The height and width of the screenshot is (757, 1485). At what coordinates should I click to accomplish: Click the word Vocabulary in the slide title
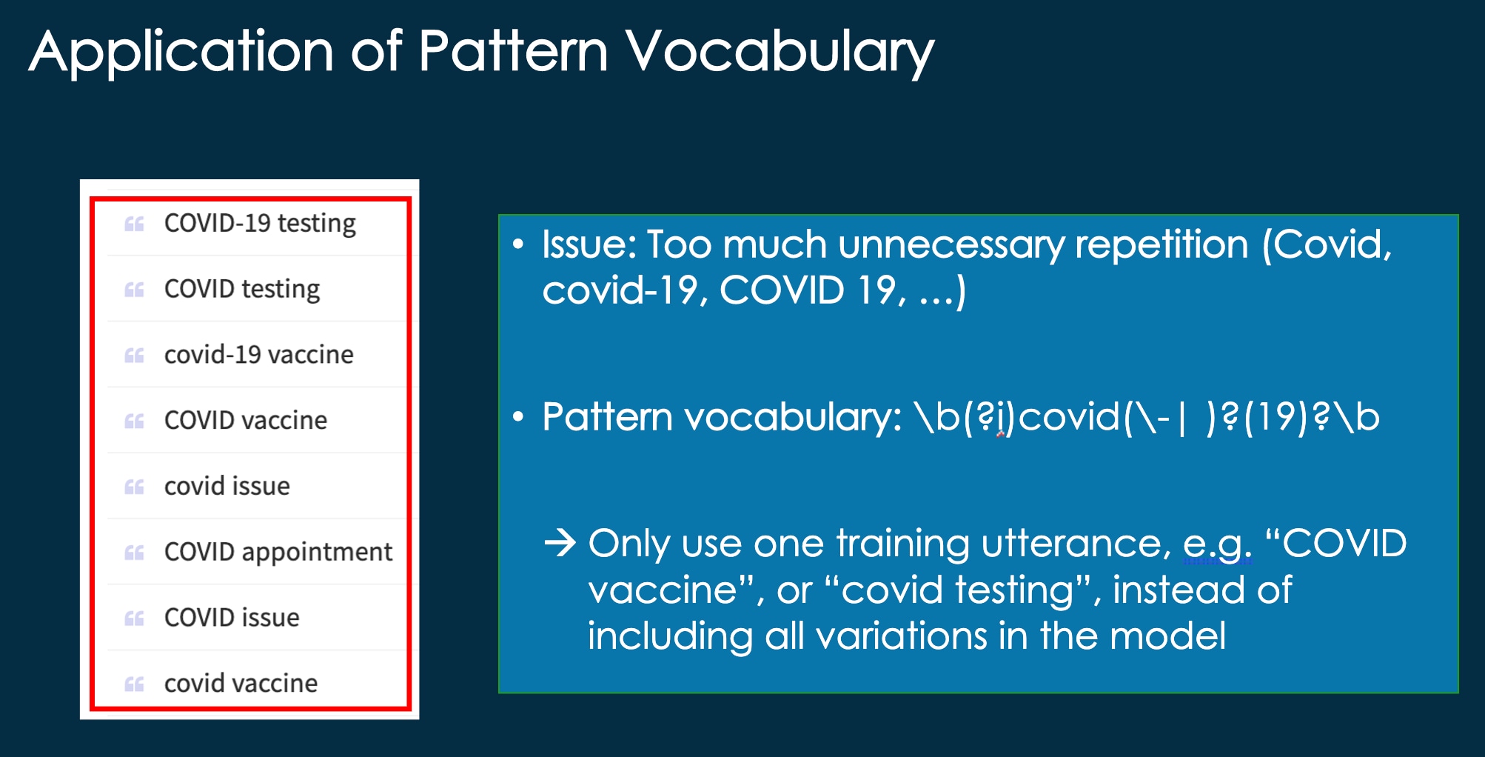coord(780,52)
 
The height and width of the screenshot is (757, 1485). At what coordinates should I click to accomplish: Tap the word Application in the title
coord(181,52)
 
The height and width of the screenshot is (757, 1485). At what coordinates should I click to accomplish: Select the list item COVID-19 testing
coord(260,223)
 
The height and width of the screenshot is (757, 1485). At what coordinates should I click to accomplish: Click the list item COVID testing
coord(242,289)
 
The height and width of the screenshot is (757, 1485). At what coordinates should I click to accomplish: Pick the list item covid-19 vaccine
coord(259,355)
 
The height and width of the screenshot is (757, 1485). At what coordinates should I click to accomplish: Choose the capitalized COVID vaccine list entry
coord(246,420)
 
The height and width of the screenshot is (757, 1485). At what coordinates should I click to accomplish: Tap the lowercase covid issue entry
coord(227,486)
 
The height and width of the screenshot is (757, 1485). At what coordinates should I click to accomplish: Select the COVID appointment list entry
coord(278,552)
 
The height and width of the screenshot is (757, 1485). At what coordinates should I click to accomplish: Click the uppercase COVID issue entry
coord(232,617)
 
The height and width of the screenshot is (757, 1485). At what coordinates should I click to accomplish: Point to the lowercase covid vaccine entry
coord(241,683)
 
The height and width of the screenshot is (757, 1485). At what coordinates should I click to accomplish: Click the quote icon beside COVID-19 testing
coord(134,224)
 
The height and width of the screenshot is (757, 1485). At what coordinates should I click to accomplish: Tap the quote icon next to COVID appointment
coord(134,553)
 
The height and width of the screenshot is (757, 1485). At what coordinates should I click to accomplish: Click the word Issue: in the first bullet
coord(589,244)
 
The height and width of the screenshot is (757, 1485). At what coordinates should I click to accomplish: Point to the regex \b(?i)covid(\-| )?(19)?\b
coord(1147,417)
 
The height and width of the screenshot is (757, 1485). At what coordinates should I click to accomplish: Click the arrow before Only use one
coord(560,543)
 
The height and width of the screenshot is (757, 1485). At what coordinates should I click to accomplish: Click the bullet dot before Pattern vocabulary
coord(518,418)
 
